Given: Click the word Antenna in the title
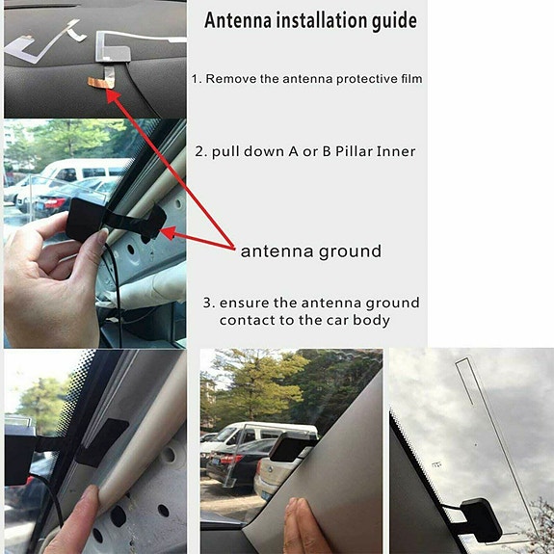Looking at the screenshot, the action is pyautogui.click(x=238, y=20).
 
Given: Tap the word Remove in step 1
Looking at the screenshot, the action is pyautogui.click(x=231, y=79).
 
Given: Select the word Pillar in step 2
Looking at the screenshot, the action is pyautogui.click(x=354, y=151).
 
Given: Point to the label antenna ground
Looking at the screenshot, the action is pyautogui.click(x=311, y=251).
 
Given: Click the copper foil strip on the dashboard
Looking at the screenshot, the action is pyautogui.click(x=101, y=83).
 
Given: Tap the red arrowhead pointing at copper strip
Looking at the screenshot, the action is pyautogui.click(x=114, y=95).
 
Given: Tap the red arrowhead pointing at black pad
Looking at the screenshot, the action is pyautogui.click(x=169, y=233).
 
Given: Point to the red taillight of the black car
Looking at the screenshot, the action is pyautogui.click(x=56, y=202).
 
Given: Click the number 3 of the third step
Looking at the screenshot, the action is pyautogui.click(x=207, y=303).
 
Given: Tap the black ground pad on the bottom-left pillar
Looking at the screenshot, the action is pyautogui.click(x=103, y=441).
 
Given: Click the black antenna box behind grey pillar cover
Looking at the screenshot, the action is pyautogui.click(x=289, y=447).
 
